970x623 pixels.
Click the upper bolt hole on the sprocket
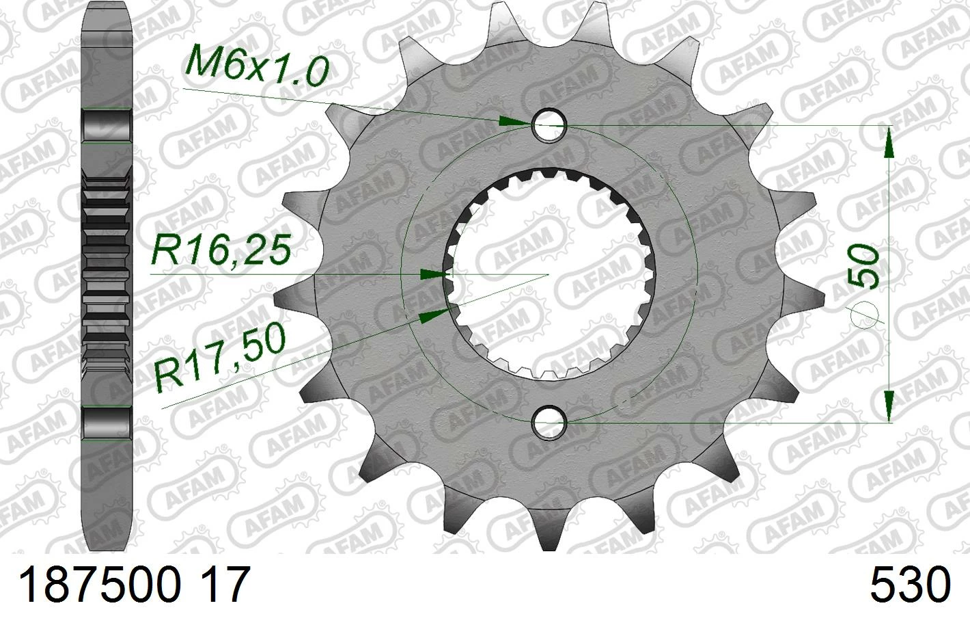tap(549, 125)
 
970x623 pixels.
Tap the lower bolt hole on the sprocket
tap(549, 422)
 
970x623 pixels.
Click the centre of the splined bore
tap(549, 274)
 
